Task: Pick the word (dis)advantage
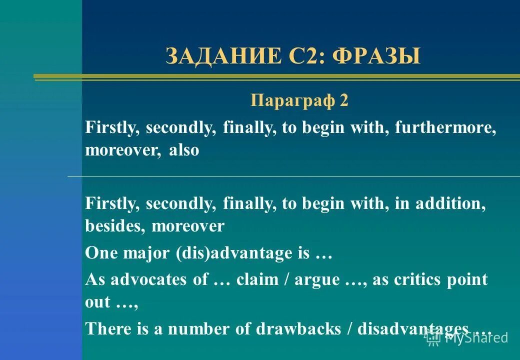pos(234,253)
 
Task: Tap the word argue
pos(316,279)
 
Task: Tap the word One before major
pos(102,253)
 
